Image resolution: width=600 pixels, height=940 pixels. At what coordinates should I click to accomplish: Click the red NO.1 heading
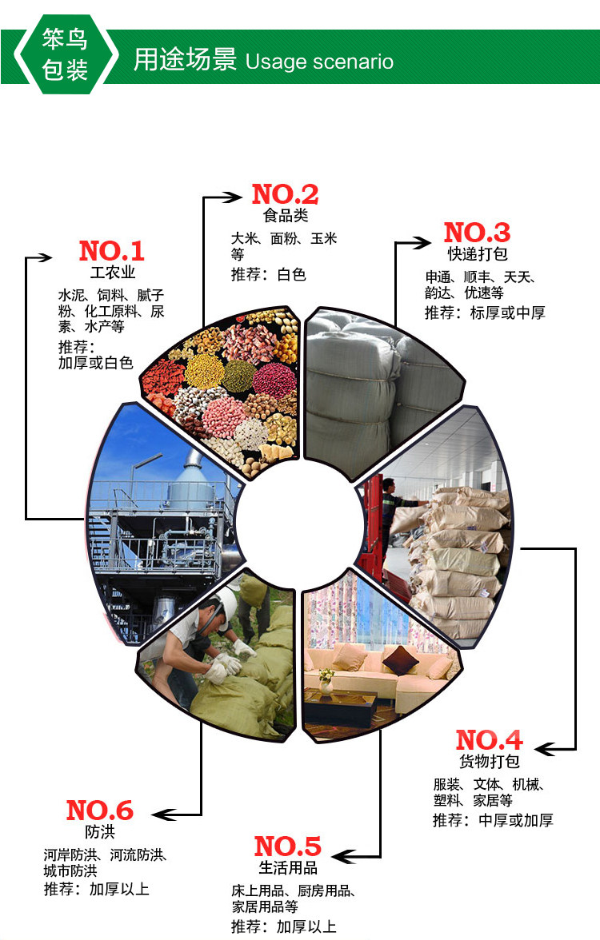click(x=111, y=251)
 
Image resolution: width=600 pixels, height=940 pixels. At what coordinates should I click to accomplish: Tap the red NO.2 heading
click(x=285, y=194)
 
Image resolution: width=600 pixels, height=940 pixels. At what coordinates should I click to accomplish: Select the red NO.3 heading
click(x=477, y=233)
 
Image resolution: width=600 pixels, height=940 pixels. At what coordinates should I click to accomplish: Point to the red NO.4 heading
click(x=489, y=739)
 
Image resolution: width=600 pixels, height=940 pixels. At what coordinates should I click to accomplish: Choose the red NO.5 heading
click(x=287, y=846)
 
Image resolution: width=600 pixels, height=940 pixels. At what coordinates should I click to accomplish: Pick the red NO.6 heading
click(x=99, y=811)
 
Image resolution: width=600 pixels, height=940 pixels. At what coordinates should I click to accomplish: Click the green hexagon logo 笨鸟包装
click(x=65, y=55)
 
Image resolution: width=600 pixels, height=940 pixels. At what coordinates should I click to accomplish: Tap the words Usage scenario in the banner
click(x=319, y=62)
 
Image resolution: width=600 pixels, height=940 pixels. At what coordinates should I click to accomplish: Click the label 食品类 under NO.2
click(x=285, y=216)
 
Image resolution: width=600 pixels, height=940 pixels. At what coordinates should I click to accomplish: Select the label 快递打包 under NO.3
click(x=478, y=254)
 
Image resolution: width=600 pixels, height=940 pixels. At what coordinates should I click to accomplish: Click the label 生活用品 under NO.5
click(x=287, y=868)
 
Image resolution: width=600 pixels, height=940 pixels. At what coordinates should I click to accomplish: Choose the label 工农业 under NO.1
click(x=112, y=273)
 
